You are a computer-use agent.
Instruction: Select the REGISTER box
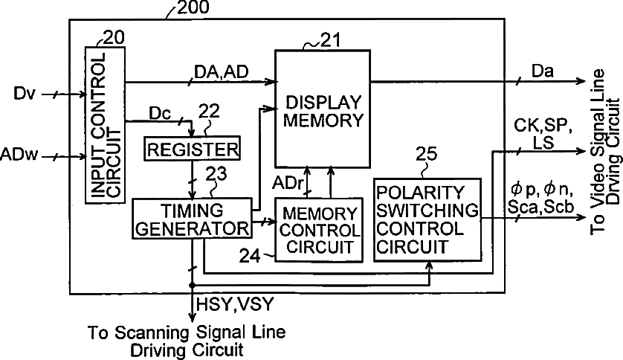(x=193, y=149)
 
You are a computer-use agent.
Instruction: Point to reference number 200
(x=192, y=8)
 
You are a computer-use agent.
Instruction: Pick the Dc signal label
(x=161, y=114)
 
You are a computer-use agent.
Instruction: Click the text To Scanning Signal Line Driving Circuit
(x=186, y=339)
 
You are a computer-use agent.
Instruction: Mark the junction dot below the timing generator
(x=192, y=285)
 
